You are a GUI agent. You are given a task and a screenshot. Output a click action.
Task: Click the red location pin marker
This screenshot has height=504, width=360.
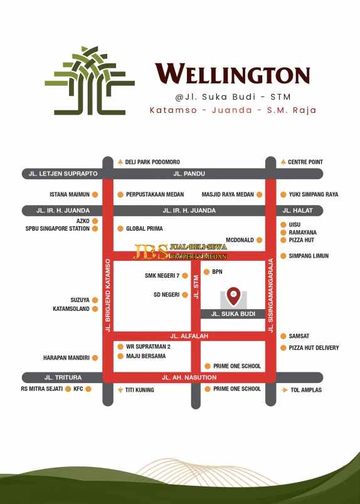(x=233, y=295)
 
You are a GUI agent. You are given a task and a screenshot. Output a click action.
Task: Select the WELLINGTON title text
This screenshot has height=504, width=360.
(x=232, y=75)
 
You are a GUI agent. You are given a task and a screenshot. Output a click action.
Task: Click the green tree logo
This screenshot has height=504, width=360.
(x=90, y=80)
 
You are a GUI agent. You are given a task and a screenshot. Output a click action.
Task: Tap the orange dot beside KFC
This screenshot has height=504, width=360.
(x=88, y=389)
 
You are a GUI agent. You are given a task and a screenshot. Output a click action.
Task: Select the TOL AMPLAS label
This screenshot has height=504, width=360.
(x=306, y=390)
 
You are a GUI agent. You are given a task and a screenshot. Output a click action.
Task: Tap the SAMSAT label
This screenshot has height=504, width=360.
(x=299, y=337)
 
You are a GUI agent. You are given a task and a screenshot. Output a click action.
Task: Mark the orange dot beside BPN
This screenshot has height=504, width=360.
(x=206, y=272)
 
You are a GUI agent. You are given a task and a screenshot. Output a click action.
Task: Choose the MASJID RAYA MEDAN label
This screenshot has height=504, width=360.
(x=228, y=195)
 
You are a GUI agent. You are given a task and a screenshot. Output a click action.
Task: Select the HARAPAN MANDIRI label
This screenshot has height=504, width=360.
(x=67, y=358)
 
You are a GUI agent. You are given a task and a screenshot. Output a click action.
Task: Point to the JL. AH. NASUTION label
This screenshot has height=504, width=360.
(x=189, y=377)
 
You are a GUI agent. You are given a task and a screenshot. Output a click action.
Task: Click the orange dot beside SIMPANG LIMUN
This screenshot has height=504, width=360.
(x=283, y=256)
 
